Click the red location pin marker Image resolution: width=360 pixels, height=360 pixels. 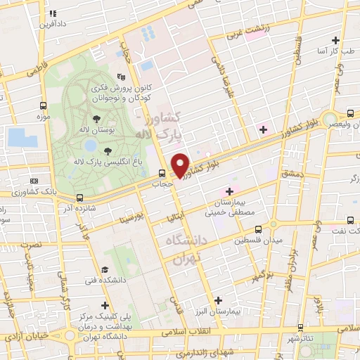click(181, 165)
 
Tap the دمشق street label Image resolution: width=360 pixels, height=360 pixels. click(291, 172)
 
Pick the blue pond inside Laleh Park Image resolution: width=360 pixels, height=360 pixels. click(90, 146)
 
